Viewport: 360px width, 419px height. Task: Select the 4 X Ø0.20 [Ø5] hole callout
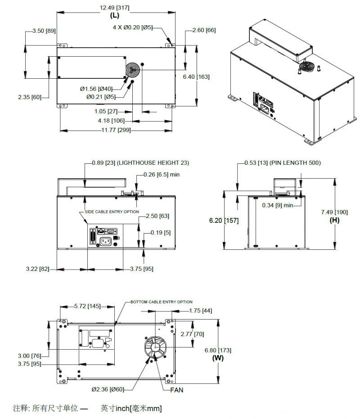click(x=133, y=27)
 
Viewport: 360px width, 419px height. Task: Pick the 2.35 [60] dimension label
click(x=30, y=97)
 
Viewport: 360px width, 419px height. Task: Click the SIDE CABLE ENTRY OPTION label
click(x=112, y=212)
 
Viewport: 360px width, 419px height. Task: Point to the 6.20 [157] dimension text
click(x=224, y=221)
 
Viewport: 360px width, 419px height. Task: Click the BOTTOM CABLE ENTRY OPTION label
click(x=162, y=302)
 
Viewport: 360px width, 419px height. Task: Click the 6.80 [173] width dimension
click(x=218, y=350)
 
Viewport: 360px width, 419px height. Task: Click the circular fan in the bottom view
click(x=155, y=348)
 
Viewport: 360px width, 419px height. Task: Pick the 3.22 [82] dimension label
click(x=37, y=269)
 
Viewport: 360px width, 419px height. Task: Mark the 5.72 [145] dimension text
click(x=88, y=306)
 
